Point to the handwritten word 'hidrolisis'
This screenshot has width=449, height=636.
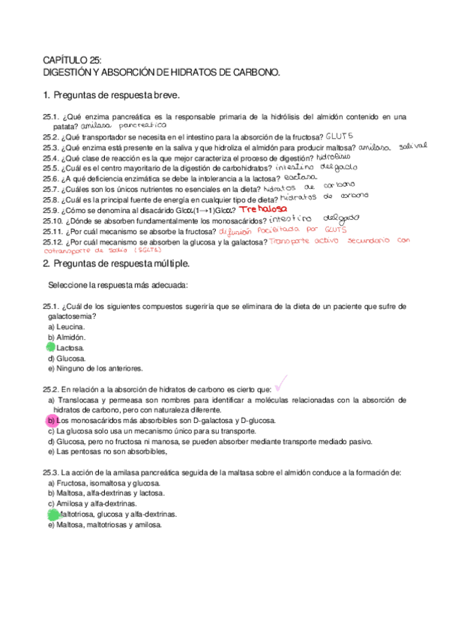click(334, 157)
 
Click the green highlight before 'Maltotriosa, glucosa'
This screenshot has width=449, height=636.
click(52, 515)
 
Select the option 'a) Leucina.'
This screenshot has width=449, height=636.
click(66, 327)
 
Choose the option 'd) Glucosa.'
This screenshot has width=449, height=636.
click(67, 358)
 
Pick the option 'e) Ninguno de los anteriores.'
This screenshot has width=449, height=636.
click(94, 368)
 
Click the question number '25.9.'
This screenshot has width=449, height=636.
click(52, 211)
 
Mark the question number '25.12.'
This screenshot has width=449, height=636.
click(54, 242)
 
